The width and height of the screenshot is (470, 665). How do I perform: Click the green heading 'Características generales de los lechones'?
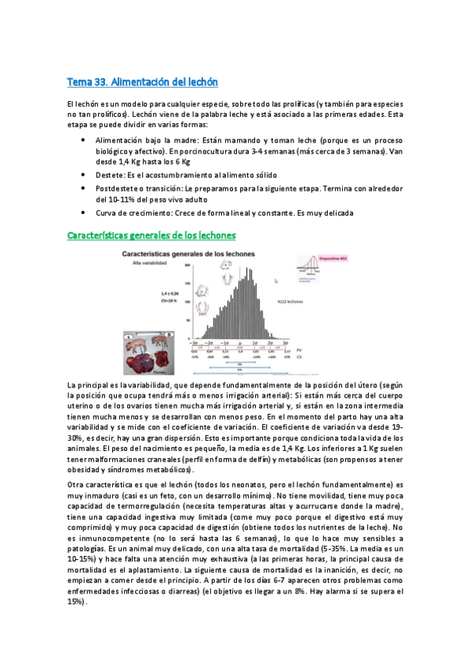click(151, 234)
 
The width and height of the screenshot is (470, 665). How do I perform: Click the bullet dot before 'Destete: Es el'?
click(84, 173)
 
